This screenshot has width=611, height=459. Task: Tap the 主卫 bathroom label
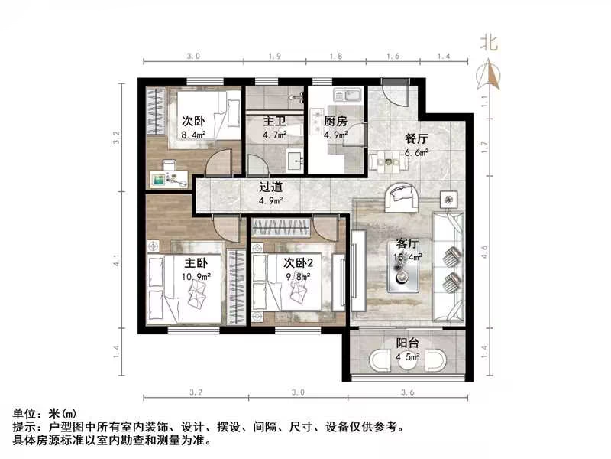(x=275, y=121)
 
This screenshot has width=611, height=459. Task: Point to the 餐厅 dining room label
(x=416, y=138)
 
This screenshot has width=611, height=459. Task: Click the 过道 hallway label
(x=271, y=186)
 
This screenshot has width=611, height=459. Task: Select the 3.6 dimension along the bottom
(x=406, y=392)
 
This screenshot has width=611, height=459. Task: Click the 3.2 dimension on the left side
(x=117, y=138)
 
